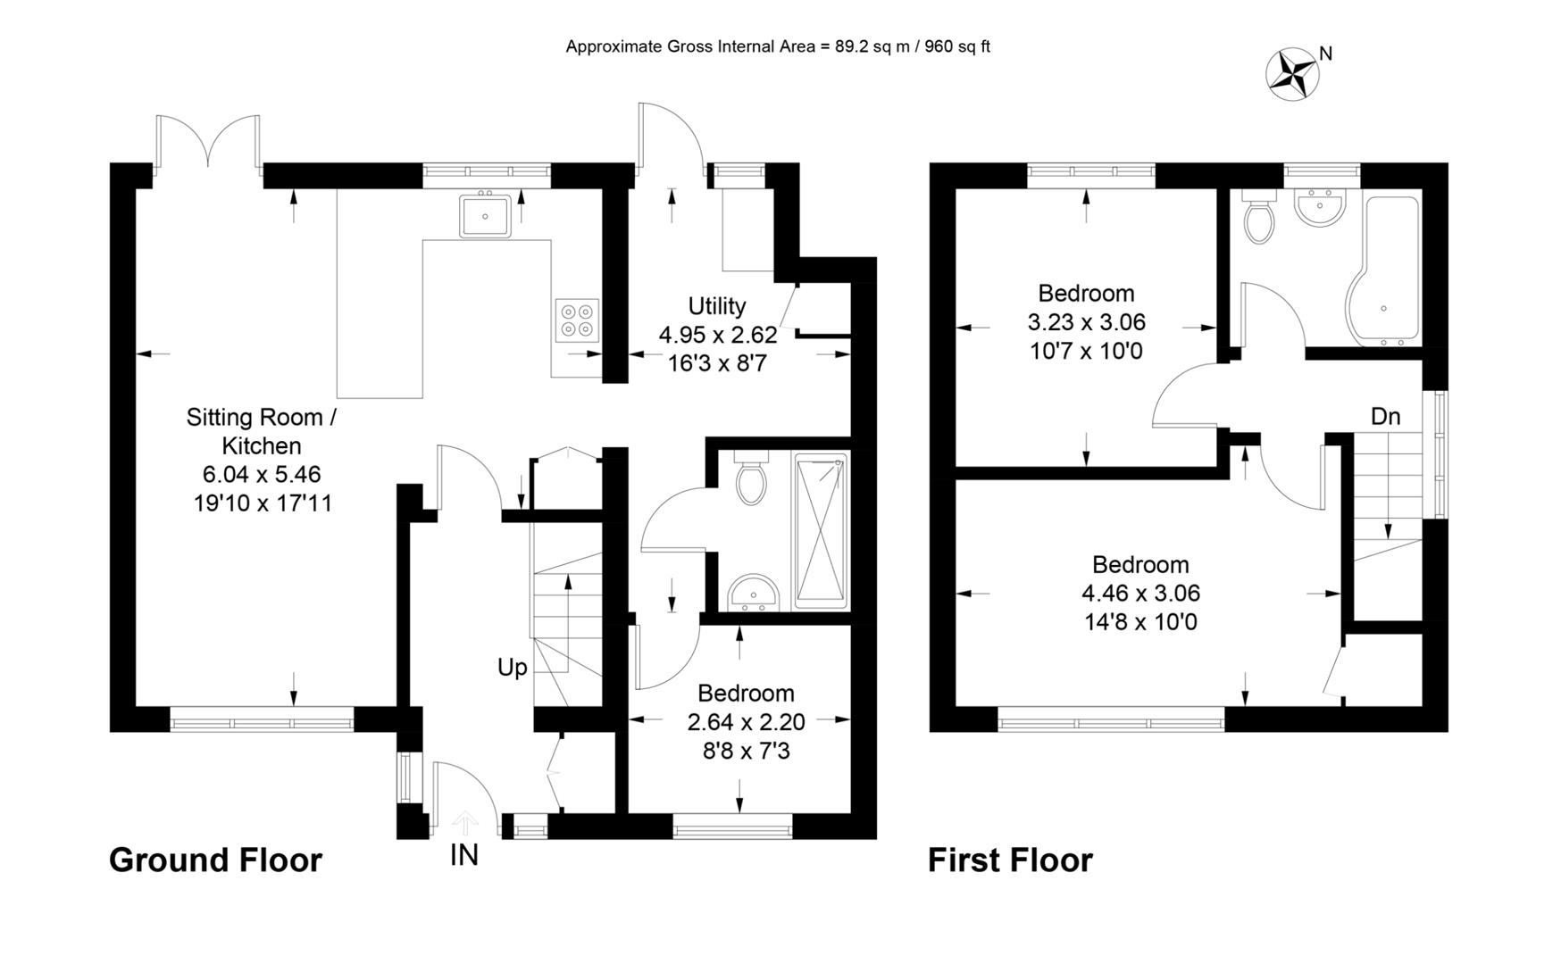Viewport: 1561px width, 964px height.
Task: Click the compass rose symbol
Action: point(1292,73)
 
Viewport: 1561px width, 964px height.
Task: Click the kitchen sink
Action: point(485,215)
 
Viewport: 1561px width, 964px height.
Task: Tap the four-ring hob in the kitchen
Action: point(576,320)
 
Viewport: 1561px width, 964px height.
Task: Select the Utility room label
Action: point(717,306)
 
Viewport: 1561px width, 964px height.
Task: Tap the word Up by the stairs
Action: point(512,668)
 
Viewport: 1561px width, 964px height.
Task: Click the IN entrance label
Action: point(463,855)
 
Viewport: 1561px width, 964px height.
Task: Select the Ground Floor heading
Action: point(215,860)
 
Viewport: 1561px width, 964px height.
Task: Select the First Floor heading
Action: point(1010,860)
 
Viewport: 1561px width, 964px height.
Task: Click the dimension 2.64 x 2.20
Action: point(746,722)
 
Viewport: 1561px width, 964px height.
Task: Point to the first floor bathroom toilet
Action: point(1258,220)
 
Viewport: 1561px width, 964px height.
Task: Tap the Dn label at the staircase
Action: point(1385,416)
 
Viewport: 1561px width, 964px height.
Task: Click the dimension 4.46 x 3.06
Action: point(1140,593)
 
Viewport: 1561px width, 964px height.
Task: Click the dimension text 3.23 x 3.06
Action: point(1086,321)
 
